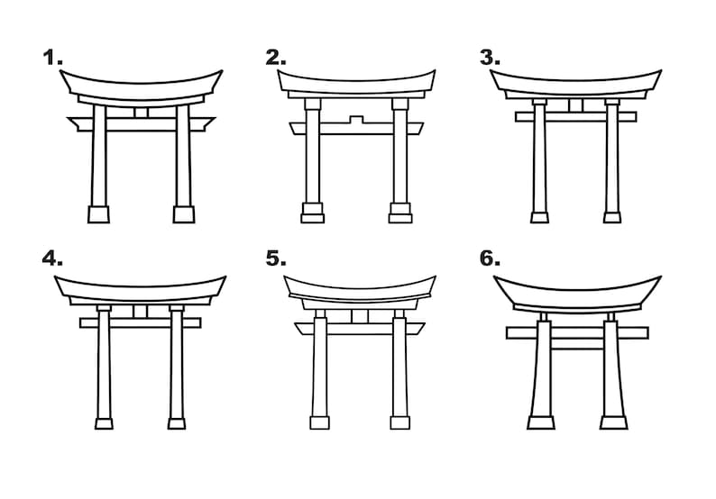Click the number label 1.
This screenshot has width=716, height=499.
tap(52, 58)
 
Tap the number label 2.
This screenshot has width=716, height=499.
tap(276, 58)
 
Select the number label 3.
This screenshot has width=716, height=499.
tap(490, 58)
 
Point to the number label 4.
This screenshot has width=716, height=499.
tap(52, 259)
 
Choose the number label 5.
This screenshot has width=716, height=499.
tap(276, 259)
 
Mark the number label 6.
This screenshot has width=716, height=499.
tap(490, 259)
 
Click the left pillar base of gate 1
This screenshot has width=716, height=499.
tap(98, 214)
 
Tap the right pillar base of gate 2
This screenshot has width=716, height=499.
tap(400, 213)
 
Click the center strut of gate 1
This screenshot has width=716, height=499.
tap(142, 113)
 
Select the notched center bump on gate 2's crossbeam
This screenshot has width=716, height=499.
tap(356, 119)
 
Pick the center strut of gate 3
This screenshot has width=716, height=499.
tap(576, 105)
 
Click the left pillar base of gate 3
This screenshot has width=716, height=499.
tap(540, 218)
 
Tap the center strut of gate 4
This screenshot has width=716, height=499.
tap(141, 312)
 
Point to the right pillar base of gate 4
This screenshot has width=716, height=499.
tap(177, 423)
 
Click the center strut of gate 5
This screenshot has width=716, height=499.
tap(360, 316)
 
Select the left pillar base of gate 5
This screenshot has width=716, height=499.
tap(319, 422)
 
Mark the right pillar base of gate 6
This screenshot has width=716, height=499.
tap(614, 422)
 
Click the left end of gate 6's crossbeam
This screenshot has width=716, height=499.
tap(507, 332)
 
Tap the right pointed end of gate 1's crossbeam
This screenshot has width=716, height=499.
tap(215, 119)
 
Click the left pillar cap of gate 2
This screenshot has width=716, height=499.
tap(313, 104)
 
